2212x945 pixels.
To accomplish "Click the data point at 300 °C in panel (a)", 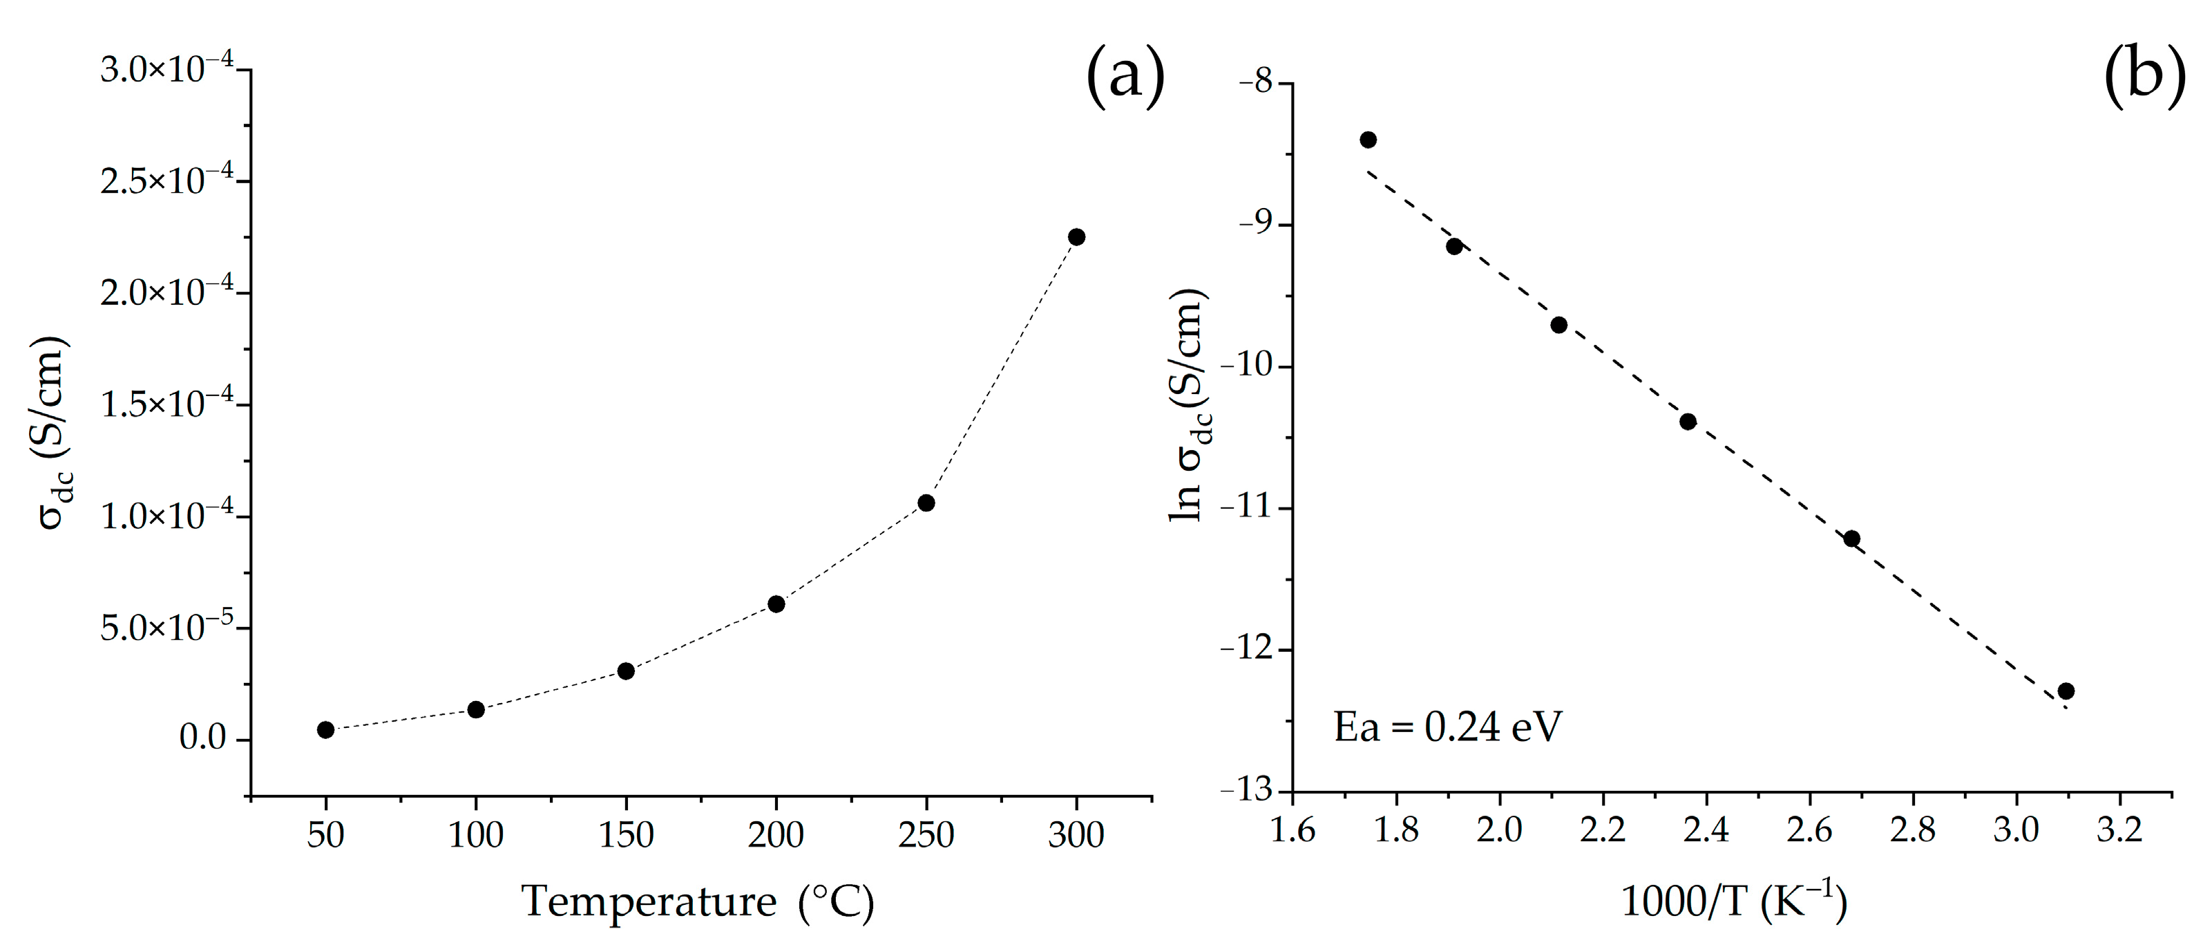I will [x=1076, y=237].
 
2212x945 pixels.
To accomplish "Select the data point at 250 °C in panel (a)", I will [x=926, y=503].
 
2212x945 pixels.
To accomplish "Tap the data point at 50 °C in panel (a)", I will [x=325, y=730].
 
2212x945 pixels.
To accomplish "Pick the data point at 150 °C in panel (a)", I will [x=626, y=671].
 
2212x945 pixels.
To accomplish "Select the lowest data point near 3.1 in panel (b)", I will [x=2066, y=691].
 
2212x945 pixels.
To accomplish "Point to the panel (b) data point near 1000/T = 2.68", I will [x=1851, y=539].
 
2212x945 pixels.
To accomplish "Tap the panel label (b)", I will [x=2144, y=77].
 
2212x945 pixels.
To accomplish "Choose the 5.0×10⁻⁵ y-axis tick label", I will [x=166, y=627].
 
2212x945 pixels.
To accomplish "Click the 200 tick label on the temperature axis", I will [x=775, y=835].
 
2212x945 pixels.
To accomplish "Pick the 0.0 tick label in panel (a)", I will [x=202, y=739].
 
